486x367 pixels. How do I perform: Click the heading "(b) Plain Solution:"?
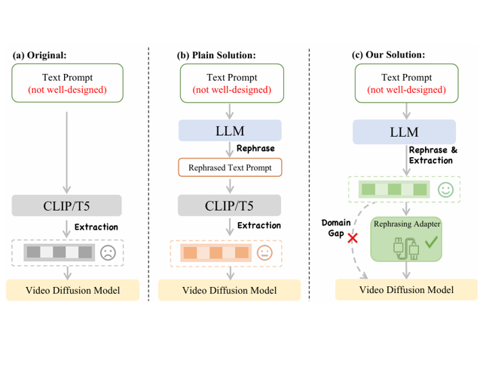pos(216,55)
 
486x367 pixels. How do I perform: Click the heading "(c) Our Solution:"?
pos(388,55)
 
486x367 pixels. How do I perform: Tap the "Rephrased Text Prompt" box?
pos(229,168)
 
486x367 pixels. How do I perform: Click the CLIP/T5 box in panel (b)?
pos(229,205)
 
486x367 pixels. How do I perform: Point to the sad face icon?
pos(109,252)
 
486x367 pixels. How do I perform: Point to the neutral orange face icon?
pos(264,252)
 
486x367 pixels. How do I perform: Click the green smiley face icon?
pos(445,190)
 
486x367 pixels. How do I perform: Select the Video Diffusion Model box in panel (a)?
pos(73,291)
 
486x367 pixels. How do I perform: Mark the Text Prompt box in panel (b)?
pos(229,83)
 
